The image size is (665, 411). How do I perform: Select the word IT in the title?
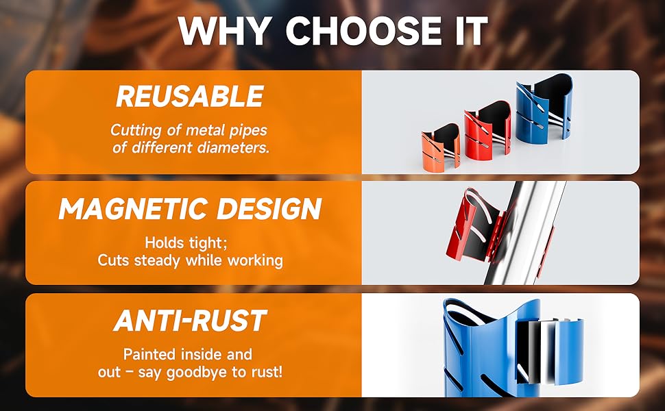(466, 31)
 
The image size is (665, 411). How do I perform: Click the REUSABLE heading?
(189, 97)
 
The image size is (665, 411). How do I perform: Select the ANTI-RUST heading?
(189, 321)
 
